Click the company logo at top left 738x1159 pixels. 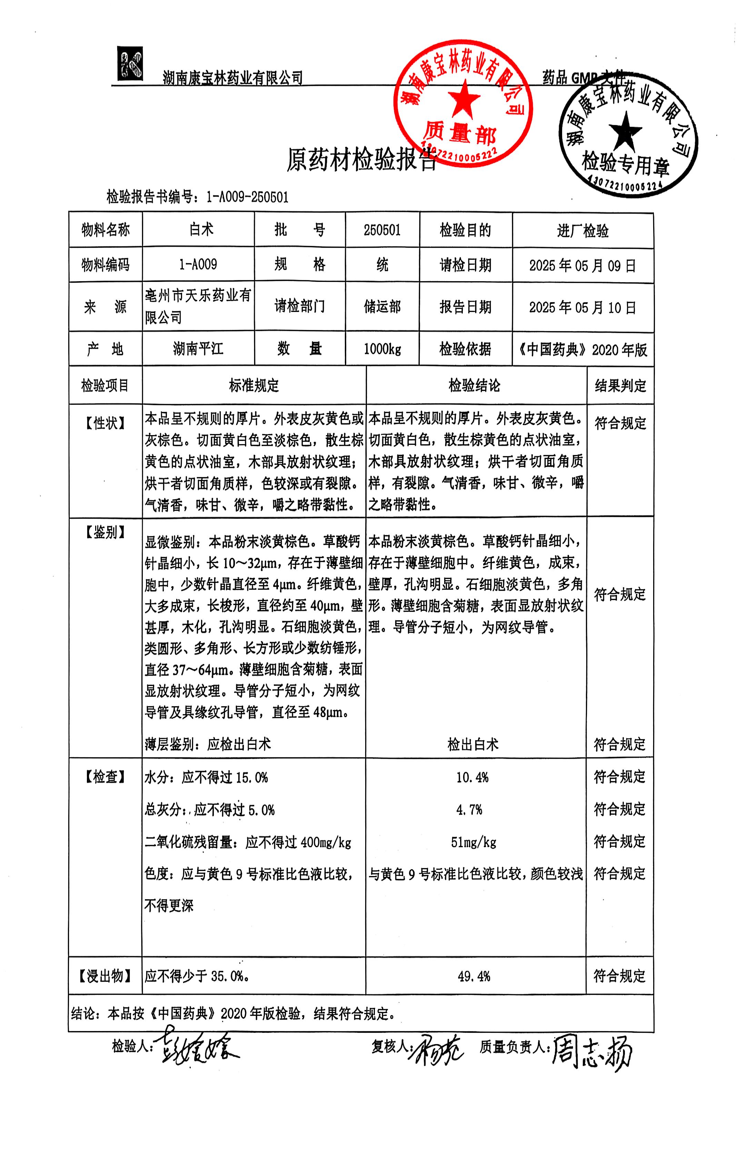[130, 63]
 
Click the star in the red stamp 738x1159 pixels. [464, 98]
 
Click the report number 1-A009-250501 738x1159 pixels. [247, 197]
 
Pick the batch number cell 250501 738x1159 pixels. [382, 230]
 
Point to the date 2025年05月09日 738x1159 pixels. [582, 265]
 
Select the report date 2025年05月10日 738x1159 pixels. [582, 307]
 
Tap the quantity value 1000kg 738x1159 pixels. [382, 349]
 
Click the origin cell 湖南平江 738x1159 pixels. [198, 348]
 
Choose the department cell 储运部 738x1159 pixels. [382, 307]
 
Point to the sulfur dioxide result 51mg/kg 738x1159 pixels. [473, 842]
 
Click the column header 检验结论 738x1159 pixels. [475, 385]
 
